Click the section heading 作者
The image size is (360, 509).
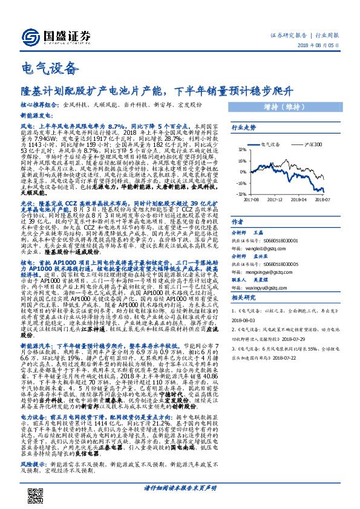238,222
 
